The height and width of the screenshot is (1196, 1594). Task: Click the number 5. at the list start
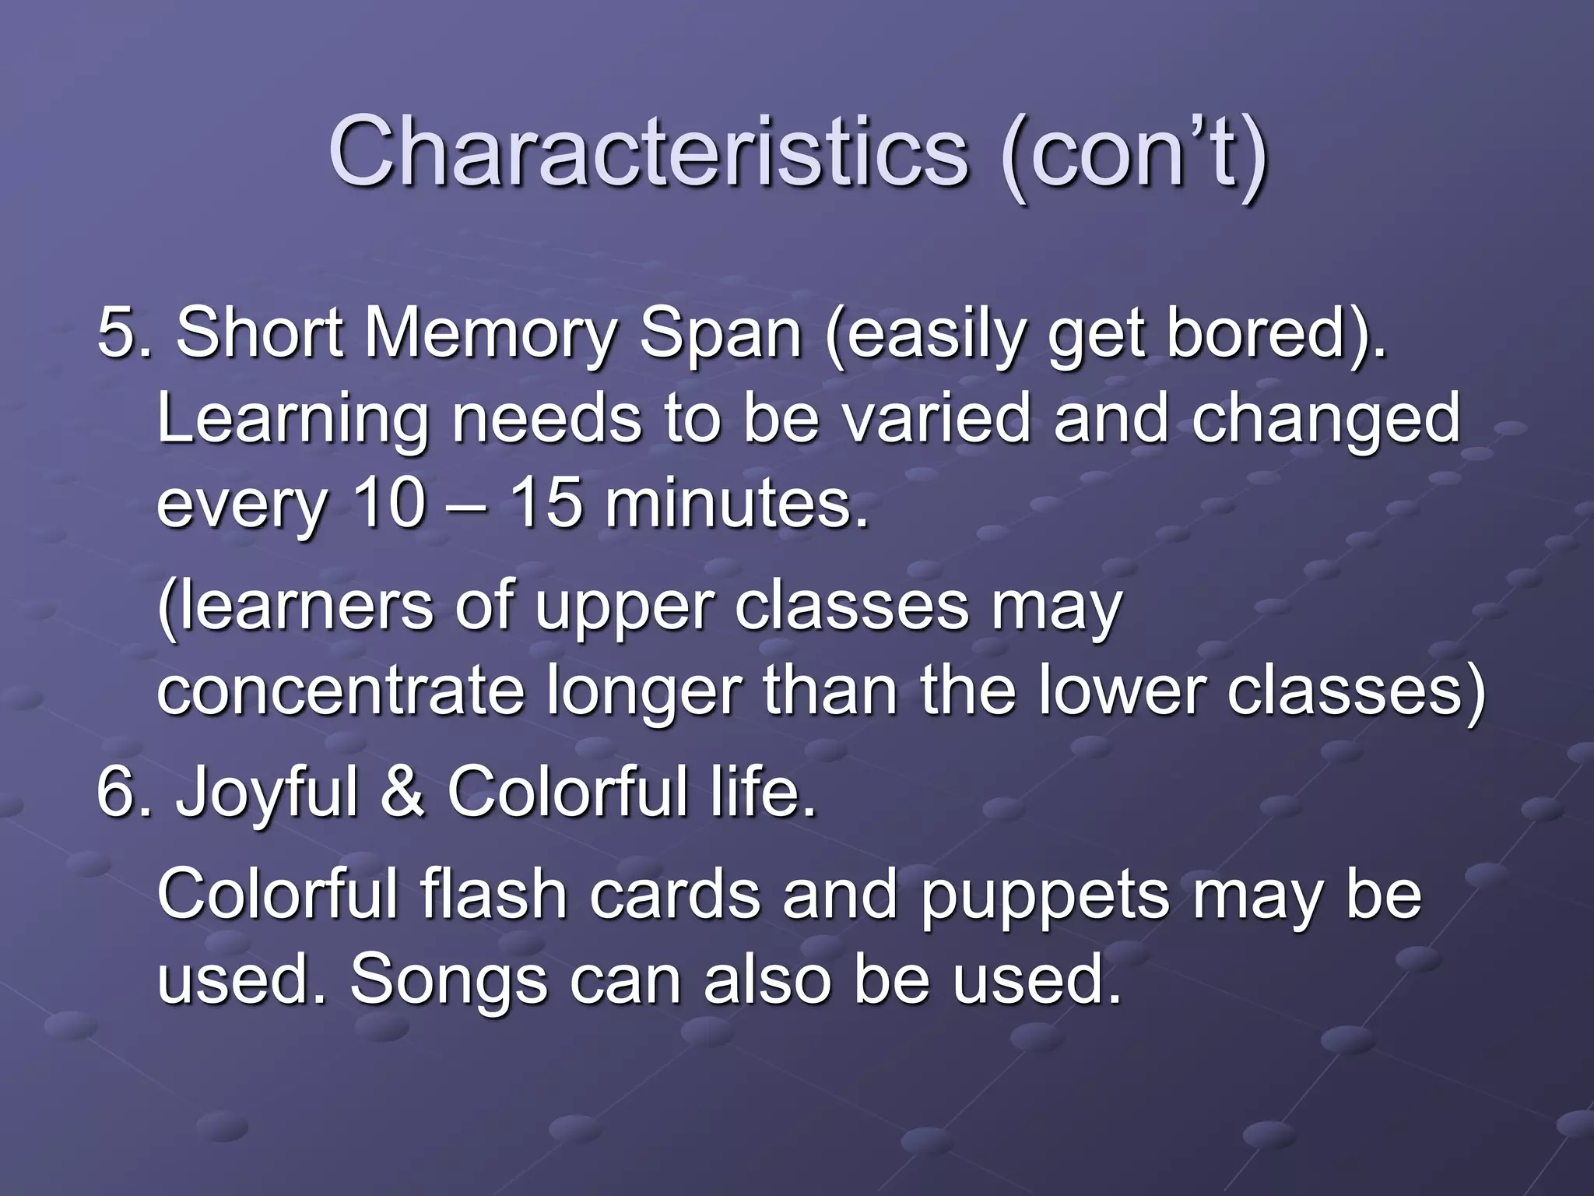tap(124, 333)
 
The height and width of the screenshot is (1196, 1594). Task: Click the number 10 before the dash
tap(388, 503)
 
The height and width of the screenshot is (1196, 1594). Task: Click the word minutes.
tap(736, 503)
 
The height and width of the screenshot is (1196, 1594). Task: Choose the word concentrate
tap(340, 691)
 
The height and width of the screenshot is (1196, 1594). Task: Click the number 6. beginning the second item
tap(124, 793)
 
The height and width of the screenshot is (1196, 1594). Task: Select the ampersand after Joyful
tap(402, 793)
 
